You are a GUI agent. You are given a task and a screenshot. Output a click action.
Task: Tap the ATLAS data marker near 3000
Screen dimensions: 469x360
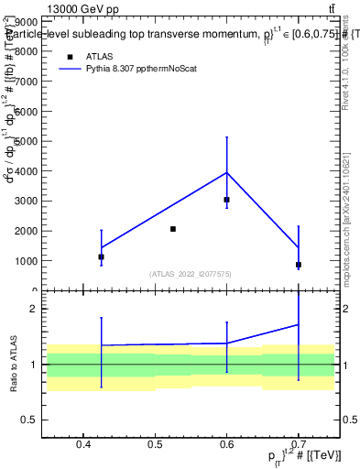click(226, 200)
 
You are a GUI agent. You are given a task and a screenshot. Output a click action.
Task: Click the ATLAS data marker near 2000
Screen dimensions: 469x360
click(172, 229)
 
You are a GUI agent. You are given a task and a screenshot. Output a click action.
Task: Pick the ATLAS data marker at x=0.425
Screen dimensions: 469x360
click(102, 257)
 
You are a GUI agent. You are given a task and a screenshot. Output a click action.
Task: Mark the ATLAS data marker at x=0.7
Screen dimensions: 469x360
click(299, 265)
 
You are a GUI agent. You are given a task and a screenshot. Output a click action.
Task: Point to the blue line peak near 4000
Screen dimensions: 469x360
click(226, 172)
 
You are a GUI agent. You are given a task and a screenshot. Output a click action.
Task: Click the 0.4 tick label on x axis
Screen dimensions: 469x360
click(83, 445)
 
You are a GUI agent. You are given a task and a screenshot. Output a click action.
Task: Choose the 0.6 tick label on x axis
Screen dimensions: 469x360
click(226, 445)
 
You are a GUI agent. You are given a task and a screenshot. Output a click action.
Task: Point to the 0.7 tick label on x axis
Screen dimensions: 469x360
click(299, 445)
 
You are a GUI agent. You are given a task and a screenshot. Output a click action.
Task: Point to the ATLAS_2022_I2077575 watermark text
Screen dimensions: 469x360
click(191, 274)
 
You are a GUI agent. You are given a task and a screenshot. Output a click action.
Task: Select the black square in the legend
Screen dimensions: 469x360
click(70, 56)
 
